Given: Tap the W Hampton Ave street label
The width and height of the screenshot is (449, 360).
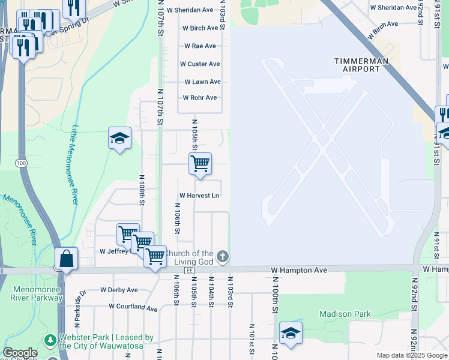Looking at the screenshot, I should point(299,271).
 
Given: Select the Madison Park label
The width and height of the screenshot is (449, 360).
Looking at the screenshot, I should point(345,314).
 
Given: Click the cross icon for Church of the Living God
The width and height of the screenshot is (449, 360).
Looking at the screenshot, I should point(222,257).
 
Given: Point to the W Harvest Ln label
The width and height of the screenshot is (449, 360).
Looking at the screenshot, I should point(199,196).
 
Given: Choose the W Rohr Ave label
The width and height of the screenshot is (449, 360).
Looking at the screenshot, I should point(200,98).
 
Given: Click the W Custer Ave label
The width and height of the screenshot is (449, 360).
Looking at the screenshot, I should point(200,64).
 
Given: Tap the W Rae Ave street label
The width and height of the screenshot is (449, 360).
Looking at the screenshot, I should point(200,46).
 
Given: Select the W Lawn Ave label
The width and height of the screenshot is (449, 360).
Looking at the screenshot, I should point(202,82).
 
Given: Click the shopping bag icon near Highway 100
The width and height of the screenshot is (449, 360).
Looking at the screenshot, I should point(66,259).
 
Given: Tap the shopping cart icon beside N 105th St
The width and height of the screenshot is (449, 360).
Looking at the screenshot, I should point(200,163).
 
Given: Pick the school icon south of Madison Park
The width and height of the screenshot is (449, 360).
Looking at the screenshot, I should point(291,332).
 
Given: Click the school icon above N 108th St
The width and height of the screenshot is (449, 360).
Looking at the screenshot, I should point(119,138).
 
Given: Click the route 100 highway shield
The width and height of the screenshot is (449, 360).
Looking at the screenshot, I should point(22,163).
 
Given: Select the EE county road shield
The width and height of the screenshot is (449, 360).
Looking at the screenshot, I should point(190,271).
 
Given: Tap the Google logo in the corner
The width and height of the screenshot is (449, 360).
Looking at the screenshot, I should point(20,353).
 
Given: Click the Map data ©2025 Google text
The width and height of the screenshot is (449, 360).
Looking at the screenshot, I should point(412,355).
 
